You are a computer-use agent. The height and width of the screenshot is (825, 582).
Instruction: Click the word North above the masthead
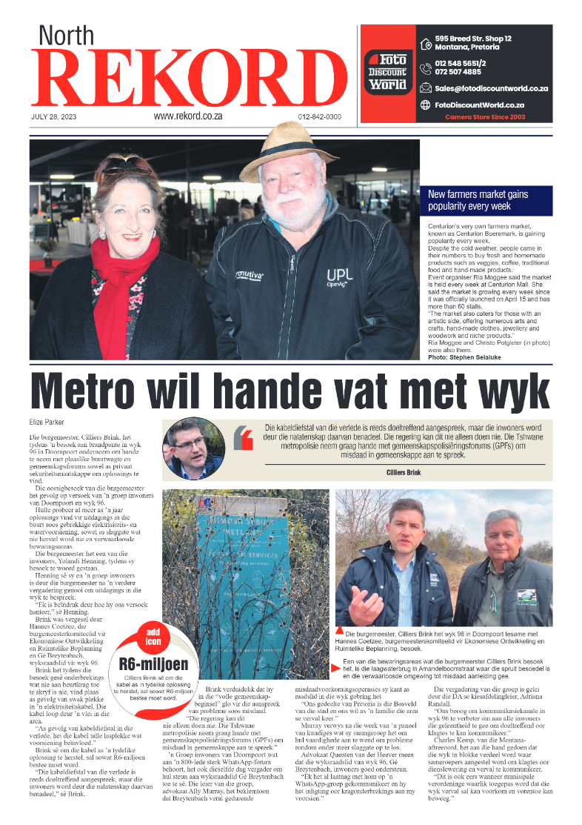(x=67, y=36)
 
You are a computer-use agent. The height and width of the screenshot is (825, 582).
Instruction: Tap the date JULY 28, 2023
(x=58, y=117)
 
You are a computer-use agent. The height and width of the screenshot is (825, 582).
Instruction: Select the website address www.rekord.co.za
(x=188, y=116)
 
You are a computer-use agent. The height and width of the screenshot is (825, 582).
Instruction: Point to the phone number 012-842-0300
(x=319, y=117)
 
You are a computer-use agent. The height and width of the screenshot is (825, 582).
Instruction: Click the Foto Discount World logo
(x=387, y=72)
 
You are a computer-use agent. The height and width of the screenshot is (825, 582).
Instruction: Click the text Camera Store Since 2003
(x=485, y=116)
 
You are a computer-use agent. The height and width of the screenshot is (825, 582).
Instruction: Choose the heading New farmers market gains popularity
(x=478, y=200)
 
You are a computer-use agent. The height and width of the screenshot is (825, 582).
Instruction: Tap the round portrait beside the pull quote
(x=194, y=448)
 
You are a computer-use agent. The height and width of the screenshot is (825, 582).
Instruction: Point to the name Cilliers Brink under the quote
(x=403, y=472)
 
